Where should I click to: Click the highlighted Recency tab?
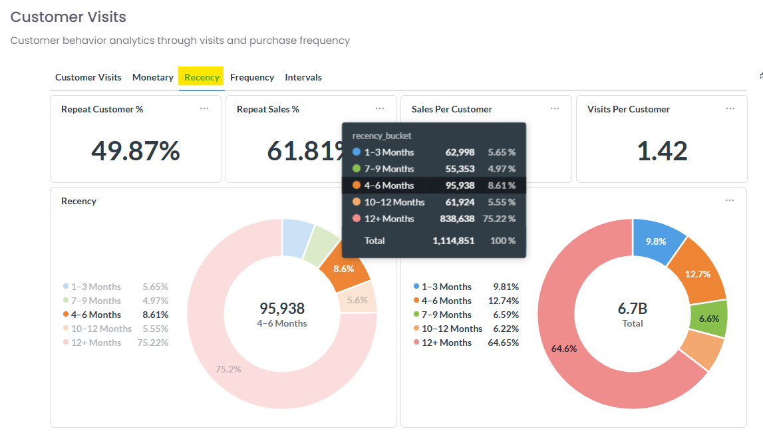tap(202, 77)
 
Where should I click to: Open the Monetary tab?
tap(153, 77)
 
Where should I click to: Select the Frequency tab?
tap(252, 77)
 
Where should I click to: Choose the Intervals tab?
tap(303, 77)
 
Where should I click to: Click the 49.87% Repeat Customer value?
tap(136, 151)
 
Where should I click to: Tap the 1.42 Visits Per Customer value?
tap(662, 151)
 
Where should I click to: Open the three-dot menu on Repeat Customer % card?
tap(204, 108)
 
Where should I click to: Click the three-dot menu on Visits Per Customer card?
tap(730, 108)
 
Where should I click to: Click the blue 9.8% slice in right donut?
tap(656, 241)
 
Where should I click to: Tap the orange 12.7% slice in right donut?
tap(697, 274)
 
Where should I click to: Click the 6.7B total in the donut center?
tap(633, 309)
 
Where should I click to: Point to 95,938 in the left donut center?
tap(282, 309)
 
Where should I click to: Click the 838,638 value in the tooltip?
tap(457, 219)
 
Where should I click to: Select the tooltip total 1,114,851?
tap(454, 241)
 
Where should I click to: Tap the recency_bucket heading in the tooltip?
tap(382, 136)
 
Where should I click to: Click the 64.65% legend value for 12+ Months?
tap(503, 343)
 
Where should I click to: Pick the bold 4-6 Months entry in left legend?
tap(96, 315)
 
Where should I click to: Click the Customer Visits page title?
tap(68, 17)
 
